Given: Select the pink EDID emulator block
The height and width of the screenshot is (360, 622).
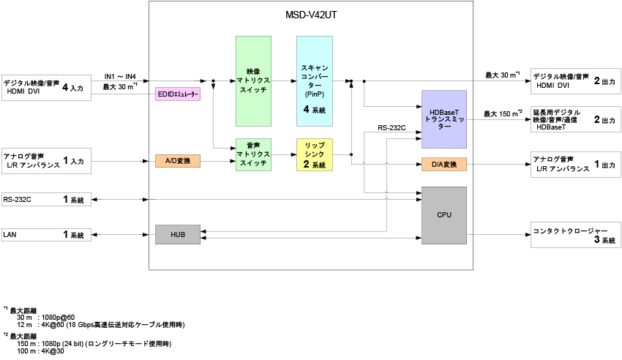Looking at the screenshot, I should (x=178, y=94).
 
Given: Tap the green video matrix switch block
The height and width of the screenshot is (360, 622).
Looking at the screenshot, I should (x=253, y=80).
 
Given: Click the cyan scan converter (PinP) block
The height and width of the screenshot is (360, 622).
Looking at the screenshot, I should (x=315, y=80).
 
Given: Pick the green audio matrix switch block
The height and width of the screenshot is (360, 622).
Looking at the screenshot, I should (x=253, y=155).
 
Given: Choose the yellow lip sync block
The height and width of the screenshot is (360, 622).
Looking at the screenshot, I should (x=315, y=155).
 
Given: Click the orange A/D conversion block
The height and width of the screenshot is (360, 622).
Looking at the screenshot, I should (x=178, y=160).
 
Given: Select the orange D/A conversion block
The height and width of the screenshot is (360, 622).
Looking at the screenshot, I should (x=443, y=165).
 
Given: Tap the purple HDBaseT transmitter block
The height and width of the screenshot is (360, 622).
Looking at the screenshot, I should (x=443, y=119).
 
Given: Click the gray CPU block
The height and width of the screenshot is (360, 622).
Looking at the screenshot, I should (x=443, y=215).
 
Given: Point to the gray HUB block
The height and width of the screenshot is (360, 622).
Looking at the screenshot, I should (x=178, y=235).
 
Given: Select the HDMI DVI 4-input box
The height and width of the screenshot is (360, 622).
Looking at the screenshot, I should (x=47, y=87).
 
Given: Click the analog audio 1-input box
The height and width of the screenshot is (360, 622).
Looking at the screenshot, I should (x=47, y=160).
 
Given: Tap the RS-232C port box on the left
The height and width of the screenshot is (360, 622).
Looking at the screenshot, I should (x=47, y=199).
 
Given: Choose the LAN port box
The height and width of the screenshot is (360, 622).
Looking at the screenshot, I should (x=47, y=235).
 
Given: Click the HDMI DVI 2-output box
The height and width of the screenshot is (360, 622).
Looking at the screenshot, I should (x=576, y=81).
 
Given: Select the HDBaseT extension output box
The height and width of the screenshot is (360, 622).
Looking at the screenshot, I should (x=576, y=119).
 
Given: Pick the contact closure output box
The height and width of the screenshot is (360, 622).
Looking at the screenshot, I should (x=576, y=235).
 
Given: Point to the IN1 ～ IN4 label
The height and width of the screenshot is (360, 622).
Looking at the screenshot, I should (x=125, y=76).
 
